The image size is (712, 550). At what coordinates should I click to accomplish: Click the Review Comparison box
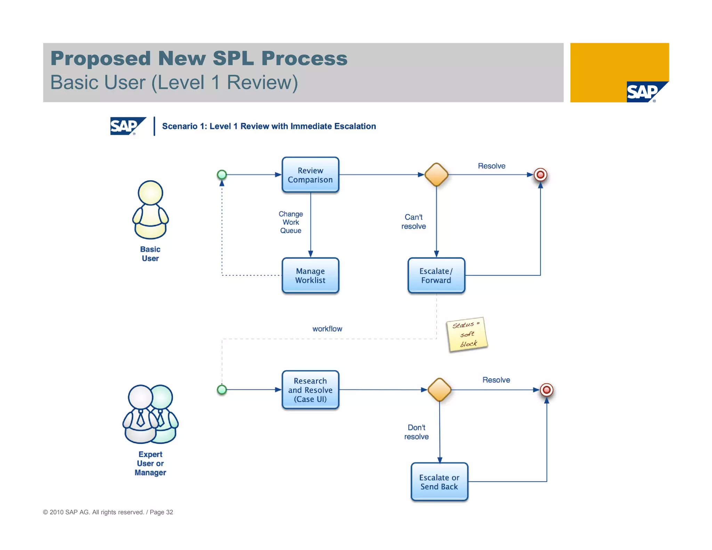(x=310, y=175)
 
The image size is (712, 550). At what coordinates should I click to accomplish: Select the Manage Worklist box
(x=310, y=275)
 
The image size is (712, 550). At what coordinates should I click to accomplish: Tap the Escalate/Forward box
(x=436, y=275)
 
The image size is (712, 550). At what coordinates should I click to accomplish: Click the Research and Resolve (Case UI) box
(x=310, y=390)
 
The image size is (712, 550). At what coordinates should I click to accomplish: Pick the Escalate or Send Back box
(x=439, y=482)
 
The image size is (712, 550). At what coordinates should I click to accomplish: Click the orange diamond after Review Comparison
(x=436, y=175)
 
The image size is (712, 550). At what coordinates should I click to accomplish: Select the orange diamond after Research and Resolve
(x=439, y=390)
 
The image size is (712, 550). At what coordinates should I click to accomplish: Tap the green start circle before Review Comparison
(x=222, y=175)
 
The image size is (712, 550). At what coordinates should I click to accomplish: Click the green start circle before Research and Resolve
(x=222, y=390)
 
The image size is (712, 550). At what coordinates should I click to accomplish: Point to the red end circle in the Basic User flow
(x=540, y=175)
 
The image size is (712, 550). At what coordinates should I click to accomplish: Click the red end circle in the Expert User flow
(x=547, y=390)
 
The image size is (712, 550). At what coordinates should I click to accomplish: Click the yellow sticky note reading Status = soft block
(x=467, y=334)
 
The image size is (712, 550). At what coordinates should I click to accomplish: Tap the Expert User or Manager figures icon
(x=150, y=414)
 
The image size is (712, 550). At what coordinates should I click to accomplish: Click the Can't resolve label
(x=413, y=221)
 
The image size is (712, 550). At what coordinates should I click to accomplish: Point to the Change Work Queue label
(x=291, y=222)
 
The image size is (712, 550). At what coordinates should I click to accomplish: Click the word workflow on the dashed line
(x=327, y=329)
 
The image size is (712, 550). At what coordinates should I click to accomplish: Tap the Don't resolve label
(x=416, y=432)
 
